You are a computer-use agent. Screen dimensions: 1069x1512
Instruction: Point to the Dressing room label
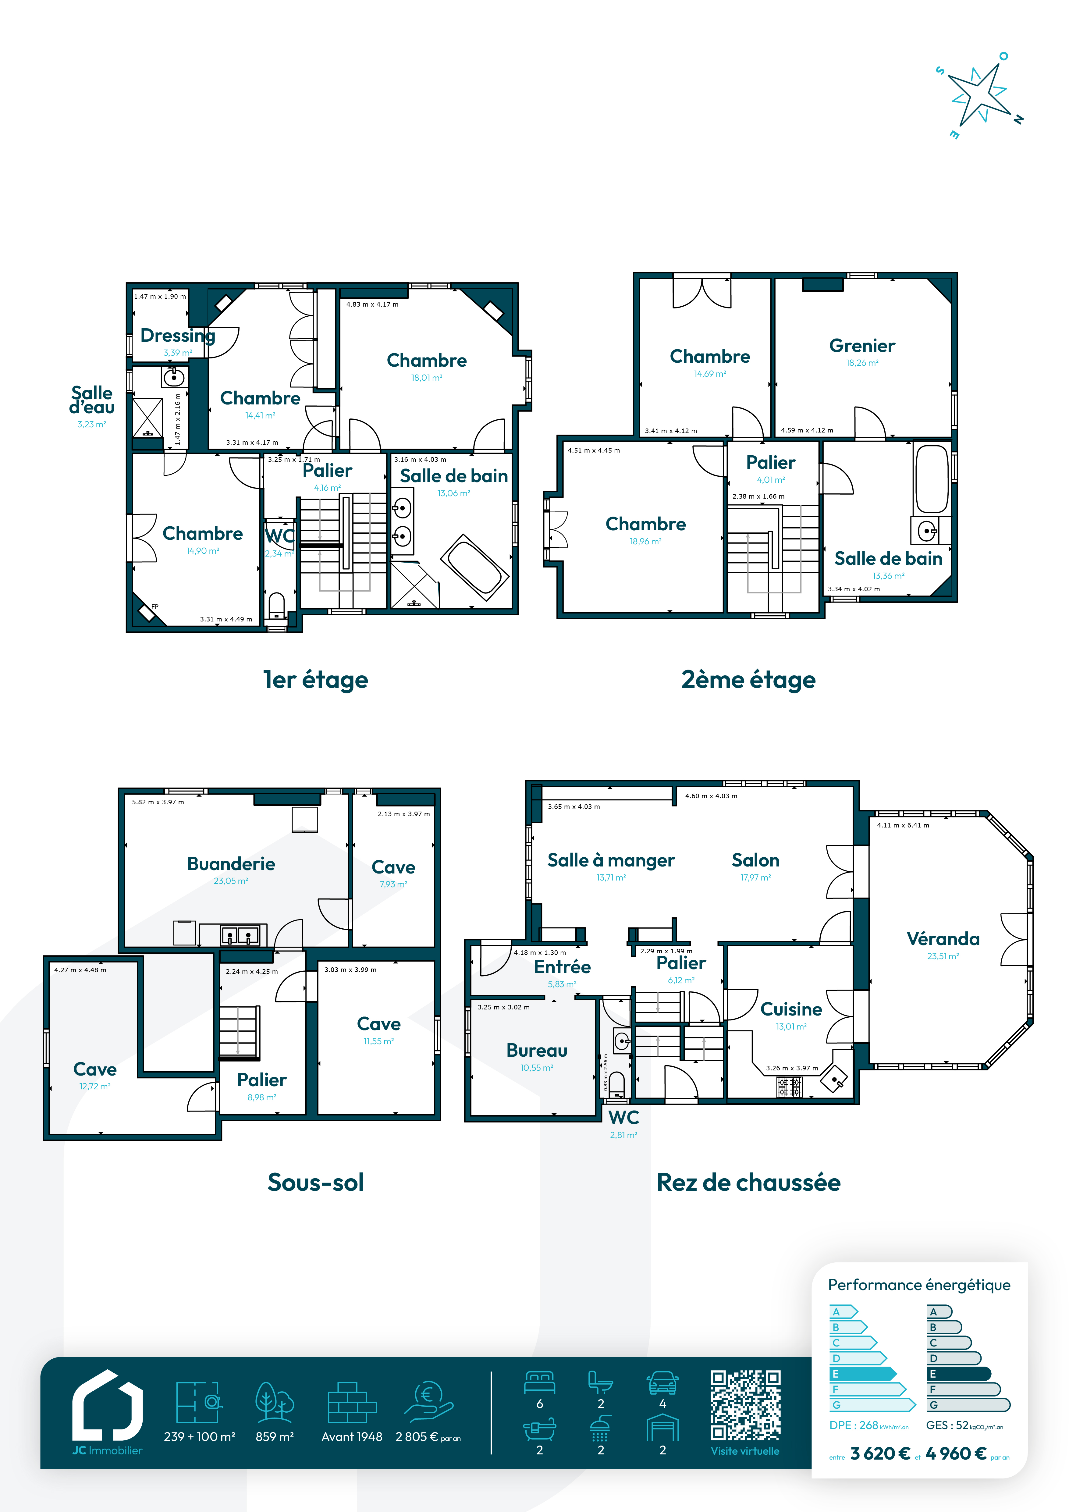point(178,336)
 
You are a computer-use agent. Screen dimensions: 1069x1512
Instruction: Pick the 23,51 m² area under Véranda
point(943,956)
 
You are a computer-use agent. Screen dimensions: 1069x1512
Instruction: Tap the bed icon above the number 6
point(540,1382)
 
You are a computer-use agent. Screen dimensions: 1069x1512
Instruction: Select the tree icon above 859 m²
point(275,1401)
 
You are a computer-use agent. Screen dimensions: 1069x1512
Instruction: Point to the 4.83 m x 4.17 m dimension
point(373,304)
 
